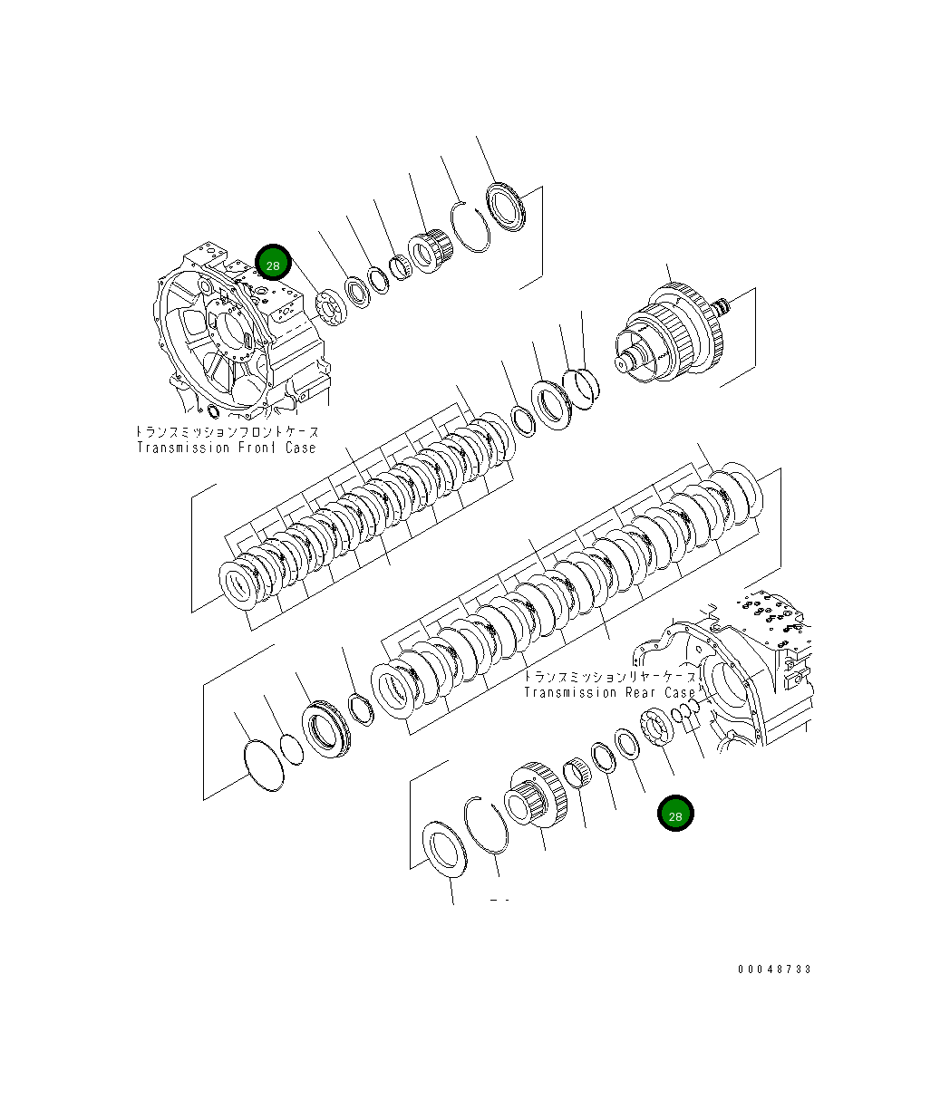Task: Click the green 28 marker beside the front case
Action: [272, 264]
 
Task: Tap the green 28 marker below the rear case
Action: [675, 815]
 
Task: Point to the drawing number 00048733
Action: [774, 969]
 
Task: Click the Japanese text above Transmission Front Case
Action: [227, 432]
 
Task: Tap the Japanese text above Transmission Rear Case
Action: [611, 677]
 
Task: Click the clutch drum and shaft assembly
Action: [671, 335]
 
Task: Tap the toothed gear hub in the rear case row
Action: [537, 797]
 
